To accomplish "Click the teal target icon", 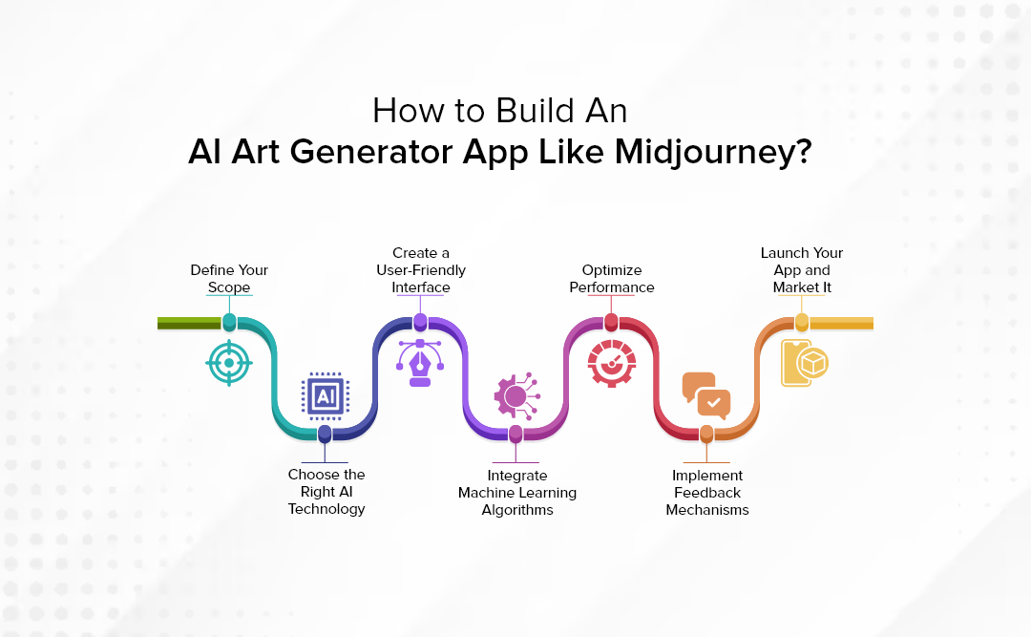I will [229, 362].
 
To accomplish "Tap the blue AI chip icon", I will [326, 395].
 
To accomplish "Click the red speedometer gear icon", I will [611, 362].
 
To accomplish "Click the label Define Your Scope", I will [229, 279].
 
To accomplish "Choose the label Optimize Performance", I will [612, 279].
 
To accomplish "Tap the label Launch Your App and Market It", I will [802, 270].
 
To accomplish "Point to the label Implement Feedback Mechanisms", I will [707, 492].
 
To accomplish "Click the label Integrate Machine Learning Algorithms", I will [516, 492].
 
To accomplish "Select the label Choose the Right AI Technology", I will [326, 491].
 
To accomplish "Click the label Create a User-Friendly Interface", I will [420, 270].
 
